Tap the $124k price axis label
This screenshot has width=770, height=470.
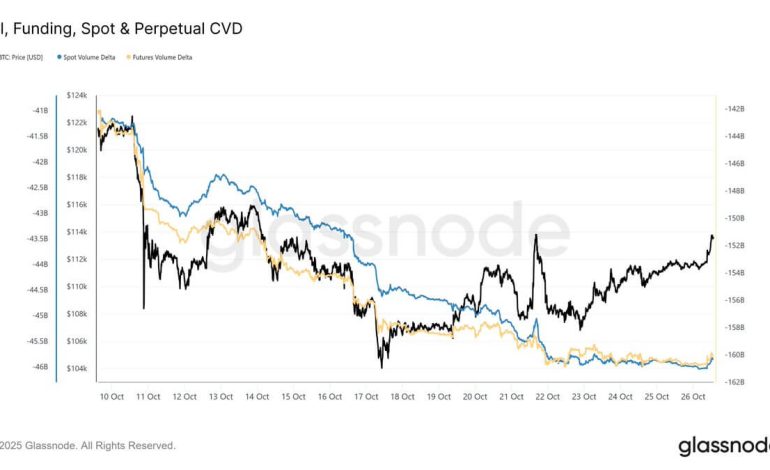pos(76,94)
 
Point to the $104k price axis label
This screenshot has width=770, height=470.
pos(76,368)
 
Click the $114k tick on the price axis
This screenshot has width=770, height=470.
pos(76,231)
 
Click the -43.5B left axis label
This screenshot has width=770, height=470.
pos(38,238)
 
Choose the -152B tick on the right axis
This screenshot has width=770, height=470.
pos(734,245)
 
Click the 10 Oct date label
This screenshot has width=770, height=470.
pos(111,396)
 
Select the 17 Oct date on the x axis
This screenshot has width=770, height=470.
pos(365,396)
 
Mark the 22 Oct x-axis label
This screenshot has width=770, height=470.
pos(547,396)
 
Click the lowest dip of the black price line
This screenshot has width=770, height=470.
pos(381,367)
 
